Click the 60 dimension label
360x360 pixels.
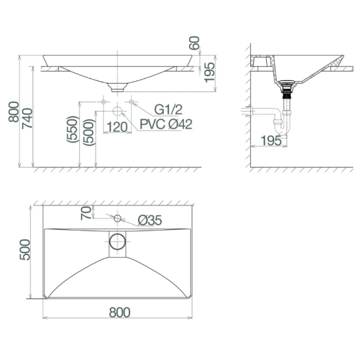tap(194, 43)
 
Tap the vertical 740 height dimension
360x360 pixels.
tap(27, 118)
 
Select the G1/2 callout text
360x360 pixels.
tap(168, 110)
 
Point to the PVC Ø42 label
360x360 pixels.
tap(166, 124)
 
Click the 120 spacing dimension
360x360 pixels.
tap(117, 127)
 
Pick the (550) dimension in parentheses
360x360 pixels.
tap(72, 129)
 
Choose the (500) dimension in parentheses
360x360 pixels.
tap(89, 132)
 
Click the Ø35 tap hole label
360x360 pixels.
tap(150, 220)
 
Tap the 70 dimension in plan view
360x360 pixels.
tap(86, 213)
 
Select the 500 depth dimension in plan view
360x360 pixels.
tap(25, 250)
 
